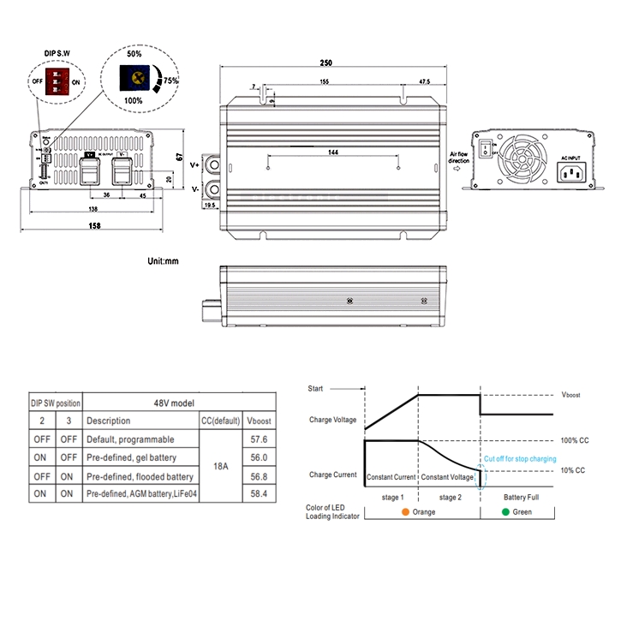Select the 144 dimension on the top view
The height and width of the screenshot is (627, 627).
(333, 152)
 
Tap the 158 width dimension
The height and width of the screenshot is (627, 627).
(94, 225)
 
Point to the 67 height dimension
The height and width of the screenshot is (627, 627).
(181, 157)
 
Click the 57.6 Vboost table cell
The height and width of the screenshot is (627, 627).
(258, 439)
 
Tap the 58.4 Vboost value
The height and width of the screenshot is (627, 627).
(258, 494)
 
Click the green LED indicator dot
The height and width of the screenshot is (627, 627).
(506, 512)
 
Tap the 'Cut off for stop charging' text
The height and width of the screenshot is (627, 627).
(520, 459)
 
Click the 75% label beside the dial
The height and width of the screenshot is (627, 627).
(170, 81)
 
